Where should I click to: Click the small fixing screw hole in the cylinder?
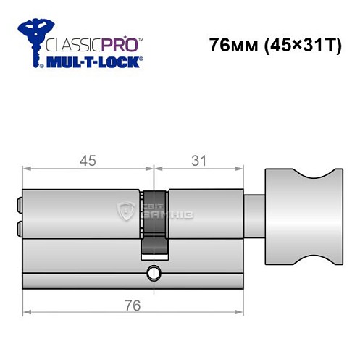tap(152, 273)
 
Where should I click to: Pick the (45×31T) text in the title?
tap(297, 44)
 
